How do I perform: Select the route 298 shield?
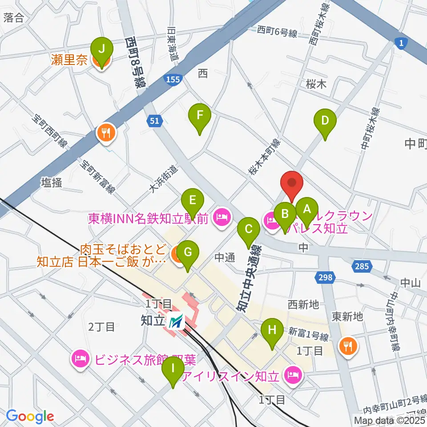[x=325, y=278]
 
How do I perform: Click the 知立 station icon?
[x=176, y=321]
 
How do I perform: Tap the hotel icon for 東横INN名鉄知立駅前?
[x=221, y=217]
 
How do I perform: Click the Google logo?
[x=30, y=416]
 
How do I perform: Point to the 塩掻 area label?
[x=52, y=182]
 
